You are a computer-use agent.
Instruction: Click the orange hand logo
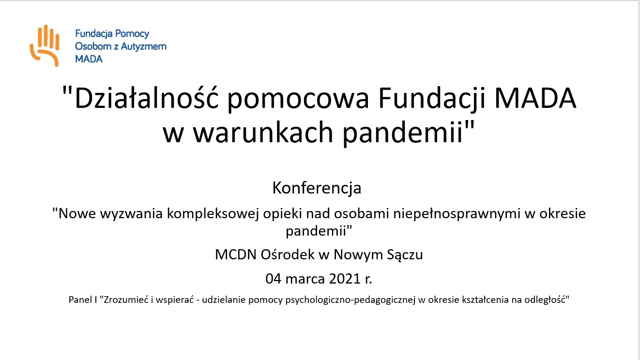coord(45,45)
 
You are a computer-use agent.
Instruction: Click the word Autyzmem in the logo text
coord(143,46)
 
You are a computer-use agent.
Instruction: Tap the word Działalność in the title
coord(146,98)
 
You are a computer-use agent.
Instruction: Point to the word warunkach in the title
coord(263,133)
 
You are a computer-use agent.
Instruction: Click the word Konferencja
coord(317,188)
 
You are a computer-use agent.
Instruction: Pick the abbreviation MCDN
coord(236,255)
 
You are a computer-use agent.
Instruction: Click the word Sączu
coord(405,255)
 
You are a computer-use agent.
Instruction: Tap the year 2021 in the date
coord(345,279)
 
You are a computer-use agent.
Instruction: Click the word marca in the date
coord(305,280)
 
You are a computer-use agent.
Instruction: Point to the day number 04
coord(274,279)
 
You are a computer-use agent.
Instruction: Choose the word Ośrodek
coord(288,255)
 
